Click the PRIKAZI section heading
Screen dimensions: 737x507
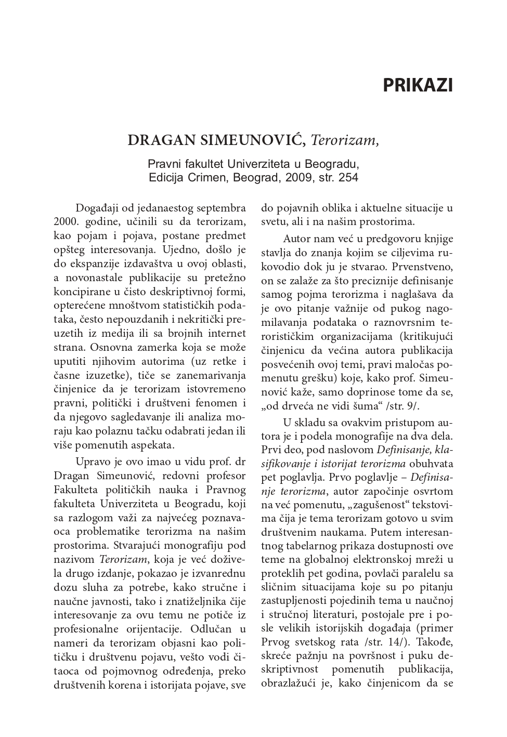(418, 85)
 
